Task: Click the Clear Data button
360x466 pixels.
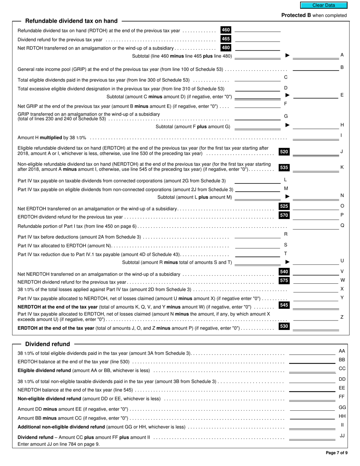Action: [x=324, y=5]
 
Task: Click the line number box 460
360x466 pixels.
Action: [x=226, y=30]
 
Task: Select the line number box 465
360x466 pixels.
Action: [x=226, y=39]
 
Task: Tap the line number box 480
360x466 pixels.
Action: [x=226, y=48]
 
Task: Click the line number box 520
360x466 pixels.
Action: [x=284, y=152]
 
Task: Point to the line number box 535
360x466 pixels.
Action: [x=284, y=167]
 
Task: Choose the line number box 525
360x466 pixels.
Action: [x=284, y=206]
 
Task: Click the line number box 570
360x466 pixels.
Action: [x=284, y=216]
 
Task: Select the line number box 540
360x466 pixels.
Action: [x=284, y=272]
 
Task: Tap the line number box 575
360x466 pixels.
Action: [x=284, y=281]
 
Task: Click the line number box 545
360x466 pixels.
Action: [x=284, y=305]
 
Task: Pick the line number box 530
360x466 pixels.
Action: [x=284, y=326]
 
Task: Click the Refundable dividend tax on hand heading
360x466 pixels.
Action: [x=71, y=21]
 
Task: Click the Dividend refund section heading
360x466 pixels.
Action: [x=47, y=344]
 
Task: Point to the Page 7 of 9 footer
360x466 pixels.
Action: [x=337, y=453]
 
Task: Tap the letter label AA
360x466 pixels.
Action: [x=342, y=351]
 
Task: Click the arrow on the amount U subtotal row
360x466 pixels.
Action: [x=287, y=262]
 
